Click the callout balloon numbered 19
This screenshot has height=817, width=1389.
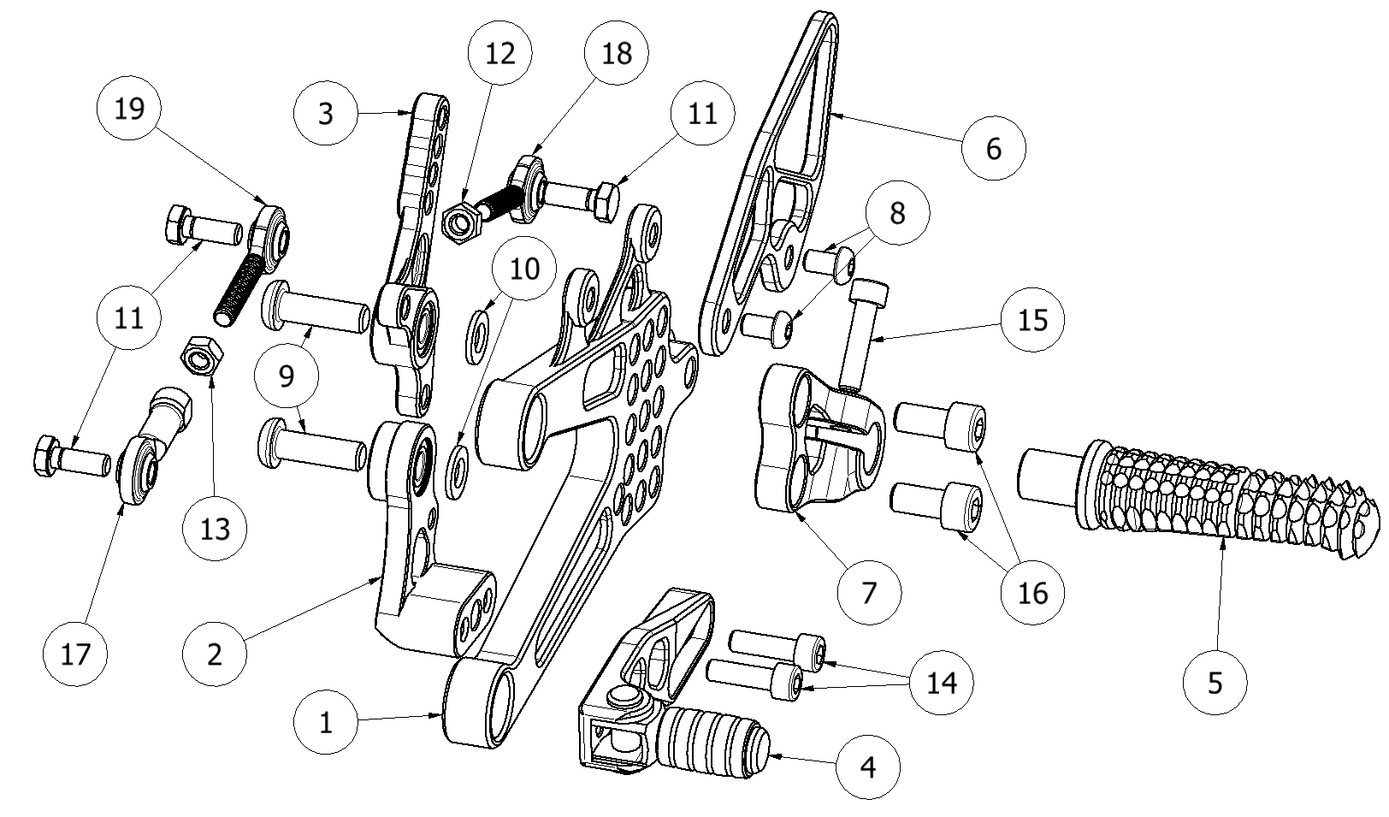point(129,110)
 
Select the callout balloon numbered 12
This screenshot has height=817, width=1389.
point(500,53)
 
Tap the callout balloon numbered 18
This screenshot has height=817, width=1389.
point(616,53)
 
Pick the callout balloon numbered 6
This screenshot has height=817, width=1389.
point(993,148)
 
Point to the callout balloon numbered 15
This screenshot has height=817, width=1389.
point(1033,320)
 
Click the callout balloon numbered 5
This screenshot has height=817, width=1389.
point(1215,682)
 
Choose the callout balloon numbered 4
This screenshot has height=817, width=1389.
point(868,767)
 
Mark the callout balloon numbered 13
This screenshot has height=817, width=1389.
point(216,529)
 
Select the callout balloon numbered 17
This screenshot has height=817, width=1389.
point(75,654)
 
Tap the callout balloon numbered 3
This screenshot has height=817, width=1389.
point(325,114)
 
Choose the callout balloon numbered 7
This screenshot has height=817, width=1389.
point(869,592)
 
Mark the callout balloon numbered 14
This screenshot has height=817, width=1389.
point(942,682)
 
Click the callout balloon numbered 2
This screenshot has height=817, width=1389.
point(215,654)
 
